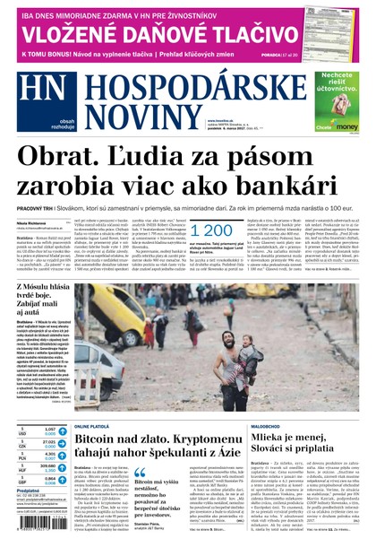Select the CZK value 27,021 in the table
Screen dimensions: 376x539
pos(49,443)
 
